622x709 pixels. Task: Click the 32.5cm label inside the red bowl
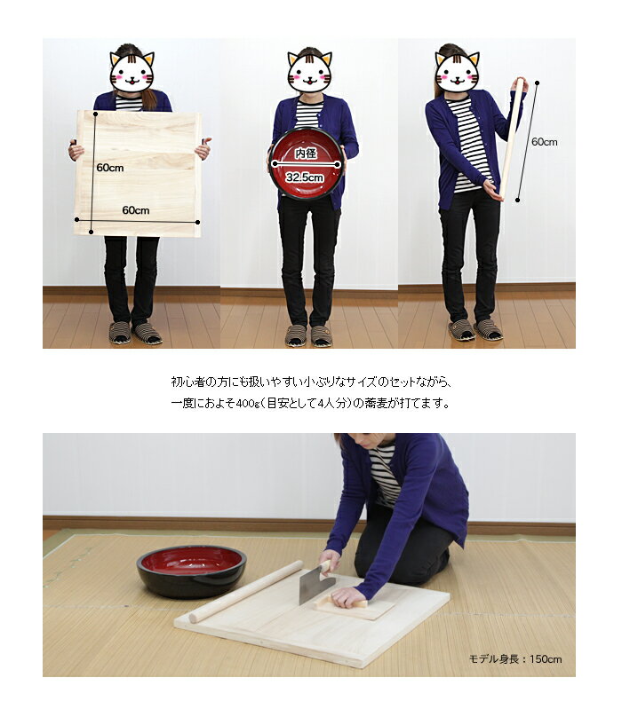(x=305, y=177)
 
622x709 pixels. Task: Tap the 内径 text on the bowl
(x=306, y=154)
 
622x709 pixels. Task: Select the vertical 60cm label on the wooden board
(x=110, y=168)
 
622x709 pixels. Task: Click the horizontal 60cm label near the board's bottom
(x=136, y=210)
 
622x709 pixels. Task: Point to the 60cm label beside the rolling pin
(x=544, y=142)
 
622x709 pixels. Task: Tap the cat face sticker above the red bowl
(x=309, y=73)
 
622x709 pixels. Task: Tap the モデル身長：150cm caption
(x=515, y=658)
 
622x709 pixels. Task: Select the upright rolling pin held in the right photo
(x=512, y=139)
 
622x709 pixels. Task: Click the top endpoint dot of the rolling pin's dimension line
(x=537, y=83)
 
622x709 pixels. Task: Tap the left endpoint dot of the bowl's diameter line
(x=275, y=163)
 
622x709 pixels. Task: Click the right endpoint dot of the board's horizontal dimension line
(x=198, y=222)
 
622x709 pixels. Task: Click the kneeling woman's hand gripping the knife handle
(x=329, y=561)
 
